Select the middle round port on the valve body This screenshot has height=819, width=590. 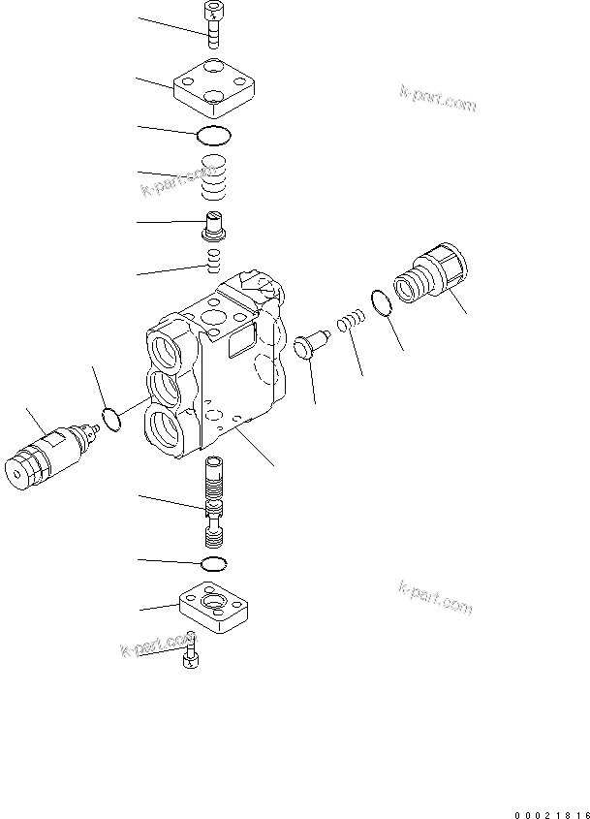[x=169, y=386]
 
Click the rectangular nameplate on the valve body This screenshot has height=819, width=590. [x=239, y=341]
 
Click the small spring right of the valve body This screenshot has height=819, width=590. [x=350, y=320]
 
